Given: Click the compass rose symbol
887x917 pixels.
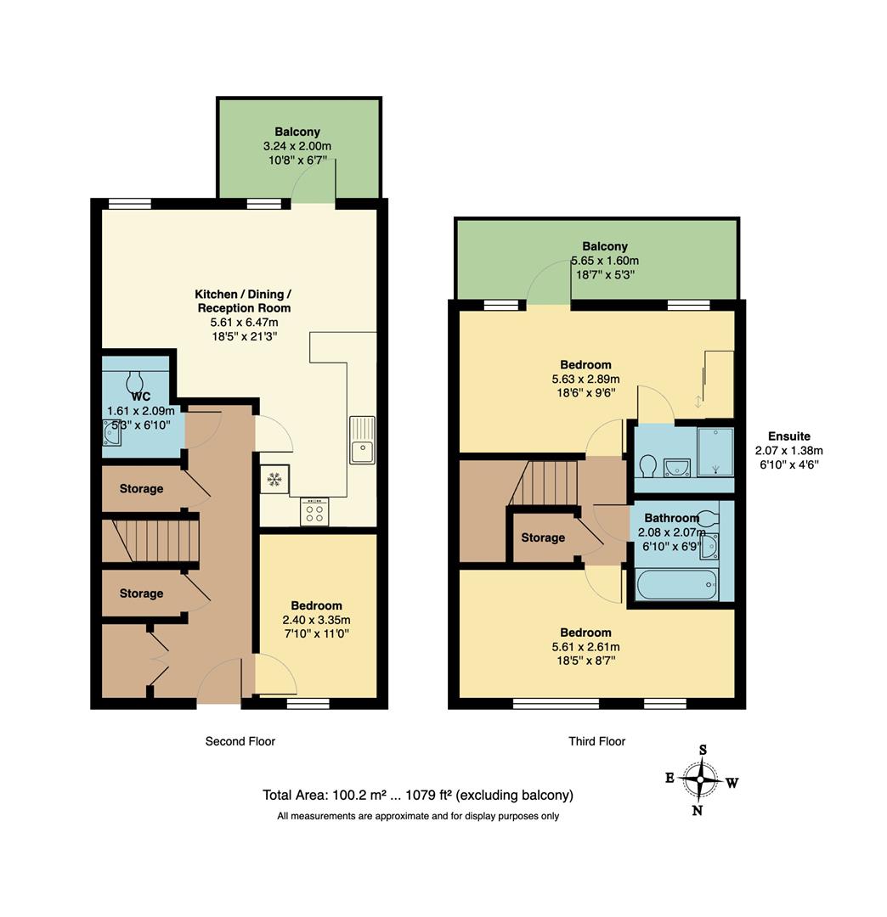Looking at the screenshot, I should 701,779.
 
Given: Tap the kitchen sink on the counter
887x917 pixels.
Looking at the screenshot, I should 362,439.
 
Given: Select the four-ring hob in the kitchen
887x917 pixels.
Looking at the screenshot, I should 314,511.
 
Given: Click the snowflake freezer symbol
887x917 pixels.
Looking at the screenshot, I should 274,480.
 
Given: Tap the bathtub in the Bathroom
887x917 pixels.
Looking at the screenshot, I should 676,587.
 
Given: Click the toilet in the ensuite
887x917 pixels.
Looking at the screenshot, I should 647,466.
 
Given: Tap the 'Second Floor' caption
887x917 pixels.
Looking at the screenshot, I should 240,741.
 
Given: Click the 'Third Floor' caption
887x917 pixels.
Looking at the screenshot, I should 596,741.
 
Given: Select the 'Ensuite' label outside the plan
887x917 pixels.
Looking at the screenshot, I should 788,436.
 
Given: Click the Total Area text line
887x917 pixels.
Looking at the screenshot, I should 418,796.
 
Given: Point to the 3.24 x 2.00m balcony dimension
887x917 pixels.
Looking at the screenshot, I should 297,146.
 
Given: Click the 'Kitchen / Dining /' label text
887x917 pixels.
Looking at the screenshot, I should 244,294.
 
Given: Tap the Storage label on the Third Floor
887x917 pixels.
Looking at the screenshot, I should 543,537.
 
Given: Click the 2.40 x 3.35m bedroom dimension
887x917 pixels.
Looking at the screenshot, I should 316,619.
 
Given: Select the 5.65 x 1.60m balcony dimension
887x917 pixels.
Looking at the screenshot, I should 605,261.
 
